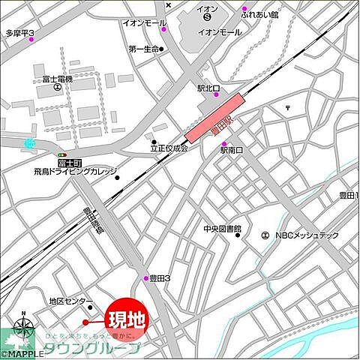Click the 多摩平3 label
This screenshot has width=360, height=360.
(x=20, y=33)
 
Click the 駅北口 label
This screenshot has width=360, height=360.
(x=208, y=89)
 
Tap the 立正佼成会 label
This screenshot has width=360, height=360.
(x=168, y=148)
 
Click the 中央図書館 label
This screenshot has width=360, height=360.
(x=221, y=229)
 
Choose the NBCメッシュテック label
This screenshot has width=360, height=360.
(x=307, y=235)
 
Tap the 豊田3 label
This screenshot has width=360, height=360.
(x=160, y=278)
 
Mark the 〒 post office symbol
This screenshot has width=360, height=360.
(x=288, y=109)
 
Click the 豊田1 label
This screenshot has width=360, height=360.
(x=347, y=196)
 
